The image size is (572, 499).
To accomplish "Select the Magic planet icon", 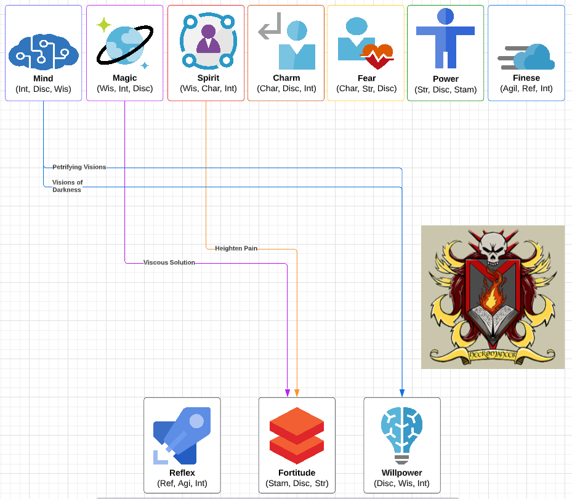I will pyautogui.click(x=124, y=44).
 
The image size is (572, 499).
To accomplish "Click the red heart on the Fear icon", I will pyautogui.click(x=376, y=55).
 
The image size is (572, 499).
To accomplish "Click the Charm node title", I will pyautogui.click(x=286, y=78).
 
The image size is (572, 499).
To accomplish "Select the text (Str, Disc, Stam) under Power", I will pyautogui.click(x=445, y=89).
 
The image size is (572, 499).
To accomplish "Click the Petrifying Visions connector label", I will pyautogui.click(x=79, y=167).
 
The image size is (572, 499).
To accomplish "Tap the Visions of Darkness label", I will pyautogui.click(x=67, y=186).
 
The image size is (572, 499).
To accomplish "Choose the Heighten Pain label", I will pyautogui.click(x=236, y=248).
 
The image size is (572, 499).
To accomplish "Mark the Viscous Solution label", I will pyautogui.click(x=169, y=262).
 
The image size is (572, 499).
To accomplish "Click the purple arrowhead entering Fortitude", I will pyautogui.click(x=288, y=393).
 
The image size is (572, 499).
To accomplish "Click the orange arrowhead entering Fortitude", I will pyautogui.click(x=297, y=393).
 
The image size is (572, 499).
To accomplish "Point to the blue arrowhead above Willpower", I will pyautogui.click(x=402, y=393).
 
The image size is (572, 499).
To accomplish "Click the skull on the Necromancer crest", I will pyautogui.click(x=493, y=242).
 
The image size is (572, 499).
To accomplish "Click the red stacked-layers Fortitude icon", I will pyautogui.click(x=297, y=435).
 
